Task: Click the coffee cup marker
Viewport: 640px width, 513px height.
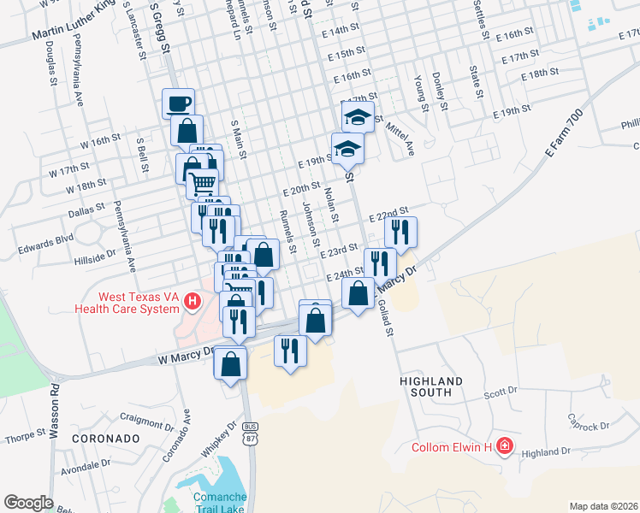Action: (178, 103)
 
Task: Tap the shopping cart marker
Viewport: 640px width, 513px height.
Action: (202, 183)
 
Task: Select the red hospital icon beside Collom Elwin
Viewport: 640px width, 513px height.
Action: (505, 446)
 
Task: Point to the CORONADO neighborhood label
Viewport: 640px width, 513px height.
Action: (106, 438)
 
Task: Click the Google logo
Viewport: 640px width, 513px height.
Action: (28, 503)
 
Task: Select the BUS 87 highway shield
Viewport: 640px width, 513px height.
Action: (250, 432)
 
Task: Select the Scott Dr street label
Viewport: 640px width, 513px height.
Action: (501, 393)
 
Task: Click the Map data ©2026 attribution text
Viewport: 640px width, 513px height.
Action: (603, 506)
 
